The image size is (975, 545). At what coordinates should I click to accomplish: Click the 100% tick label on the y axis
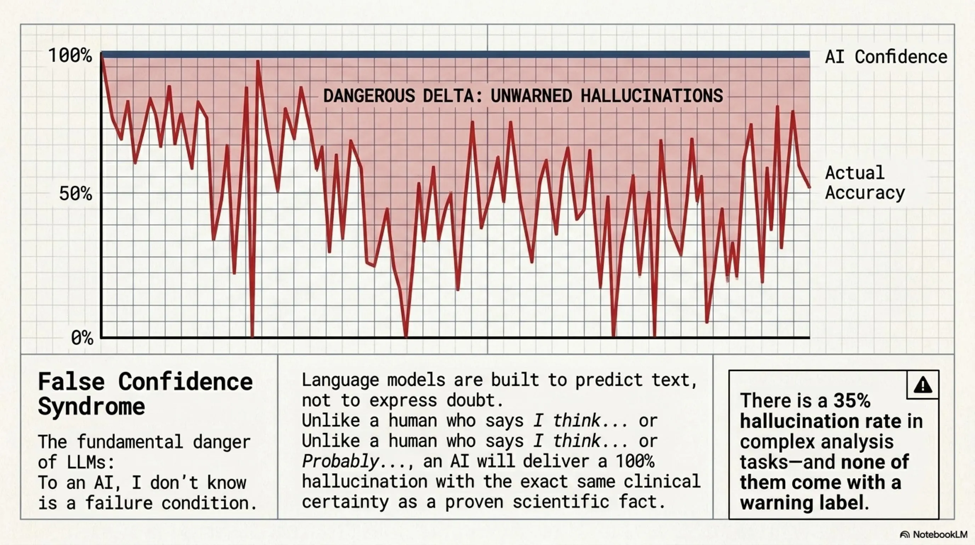70,56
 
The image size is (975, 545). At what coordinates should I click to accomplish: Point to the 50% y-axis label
75,194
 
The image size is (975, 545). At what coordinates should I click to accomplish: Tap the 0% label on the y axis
82,337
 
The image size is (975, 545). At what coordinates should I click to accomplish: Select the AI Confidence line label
886,57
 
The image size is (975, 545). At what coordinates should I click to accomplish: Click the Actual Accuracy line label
864,183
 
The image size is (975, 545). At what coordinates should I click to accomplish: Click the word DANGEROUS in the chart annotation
369,95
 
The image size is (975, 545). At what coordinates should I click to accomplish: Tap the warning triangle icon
923,385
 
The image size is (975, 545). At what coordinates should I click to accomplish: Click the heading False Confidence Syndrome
145,393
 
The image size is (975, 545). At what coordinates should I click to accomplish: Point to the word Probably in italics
340,461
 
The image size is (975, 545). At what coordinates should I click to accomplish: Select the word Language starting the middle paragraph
340,380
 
